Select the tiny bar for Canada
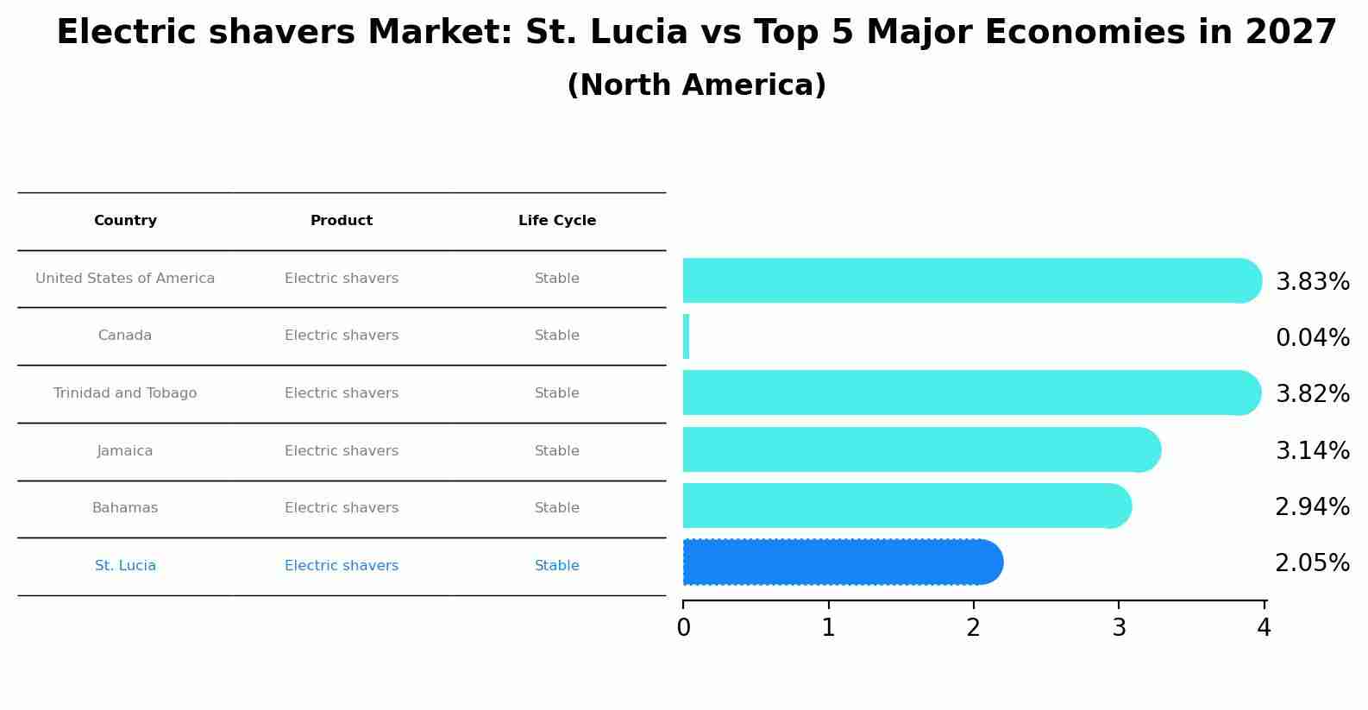point(687,336)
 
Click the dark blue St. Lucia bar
point(842,562)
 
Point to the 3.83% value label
point(1312,282)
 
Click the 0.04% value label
point(1312,338)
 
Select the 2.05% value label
point(1312,563)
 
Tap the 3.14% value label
point(1312,450)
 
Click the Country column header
point(125,221)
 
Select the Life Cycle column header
point(557,221)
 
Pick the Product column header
point(342,221)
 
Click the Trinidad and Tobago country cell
point(125,393)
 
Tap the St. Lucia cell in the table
point(125,566)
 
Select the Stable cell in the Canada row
point(557,336)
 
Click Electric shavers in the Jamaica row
point(342,451)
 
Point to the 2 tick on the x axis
point(974,628)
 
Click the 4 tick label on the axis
point(1264,628)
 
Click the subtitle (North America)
point(696,85)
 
